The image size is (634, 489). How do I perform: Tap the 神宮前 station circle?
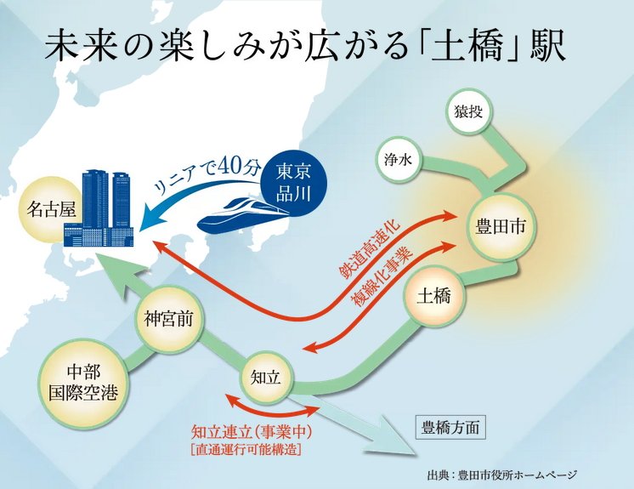[164, 321]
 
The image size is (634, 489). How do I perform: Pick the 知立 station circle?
[266, 374]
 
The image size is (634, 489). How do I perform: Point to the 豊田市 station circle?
[501, 227]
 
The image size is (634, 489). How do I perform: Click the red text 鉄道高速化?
[372, 247]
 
